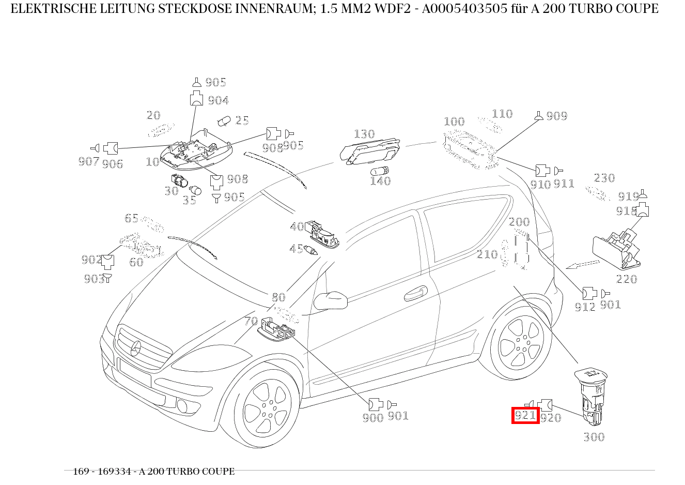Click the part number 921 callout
coord(525,415)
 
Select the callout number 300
coord(594,437)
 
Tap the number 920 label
coord(551,418)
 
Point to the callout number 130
coord(364,134)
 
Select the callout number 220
coord(626,279)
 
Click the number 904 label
coord(218,100)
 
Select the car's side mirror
coord(331,300)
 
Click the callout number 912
coord(585,307)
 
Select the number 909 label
coord(556,116)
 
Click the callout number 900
coord(373,418)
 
